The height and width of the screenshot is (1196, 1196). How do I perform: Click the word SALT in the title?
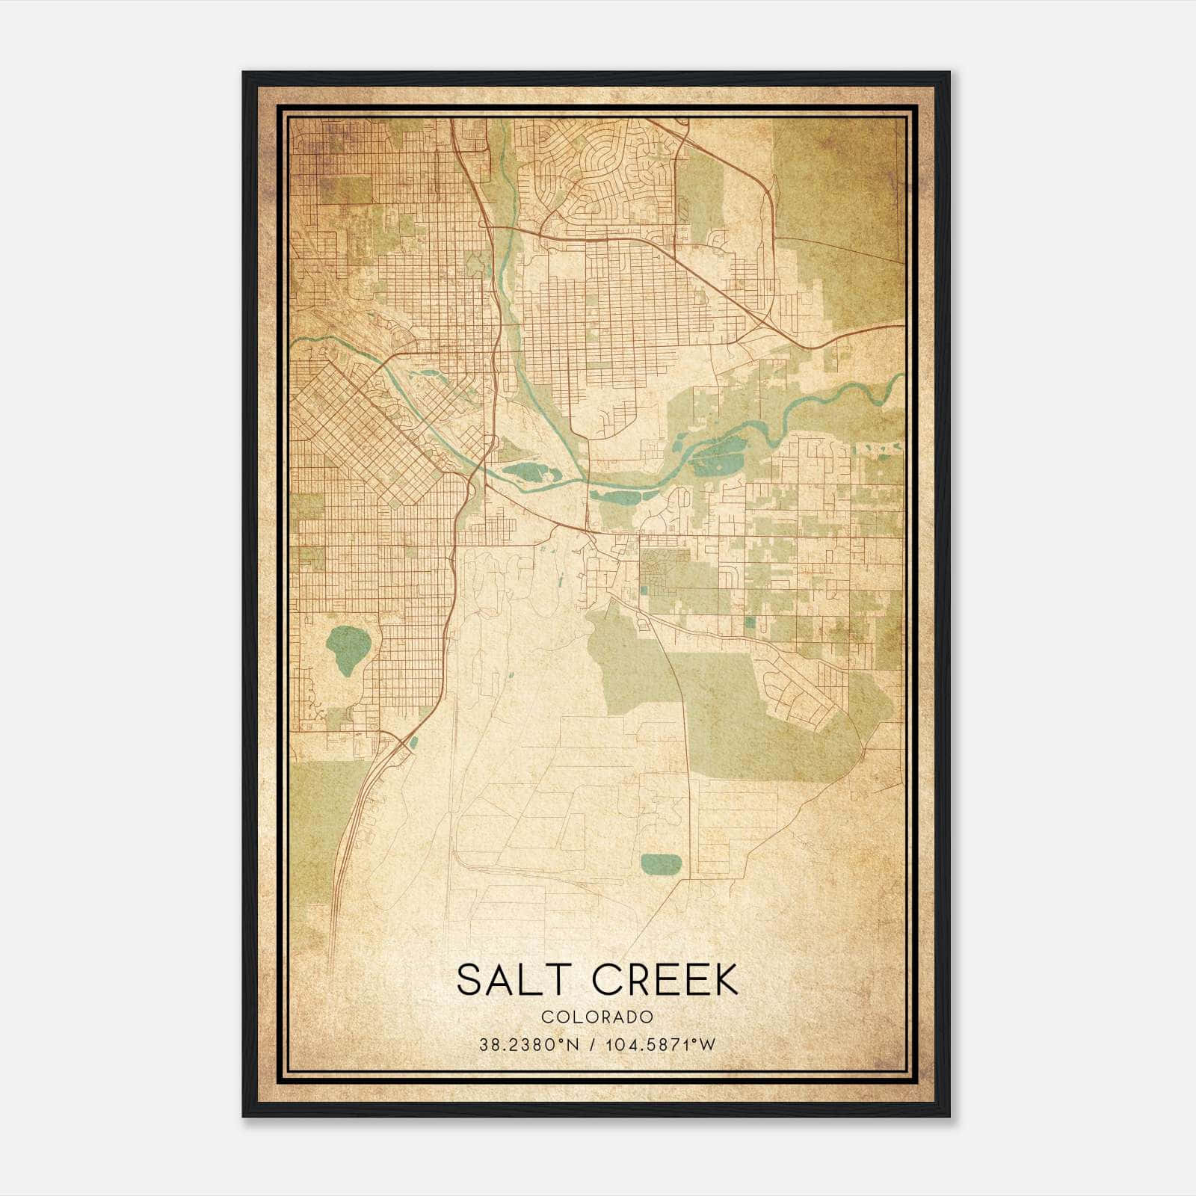516,980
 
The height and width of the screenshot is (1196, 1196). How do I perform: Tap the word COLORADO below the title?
597,1017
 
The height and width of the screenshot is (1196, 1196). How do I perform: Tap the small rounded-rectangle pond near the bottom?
661,863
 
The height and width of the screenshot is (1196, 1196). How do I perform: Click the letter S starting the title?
468,980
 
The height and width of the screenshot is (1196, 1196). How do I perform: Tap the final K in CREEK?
726,980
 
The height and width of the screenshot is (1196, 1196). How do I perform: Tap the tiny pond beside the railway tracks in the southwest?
413,742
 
